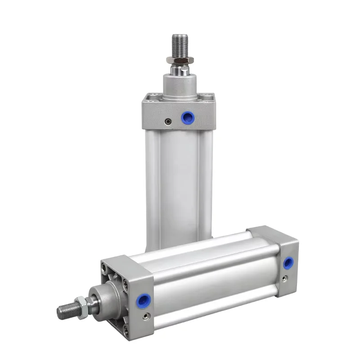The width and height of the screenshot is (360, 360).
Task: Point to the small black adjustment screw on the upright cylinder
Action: click(168, 121)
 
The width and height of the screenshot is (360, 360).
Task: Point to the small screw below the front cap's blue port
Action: click(144, 316)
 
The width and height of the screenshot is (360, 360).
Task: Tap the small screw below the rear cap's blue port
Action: click(284, 278)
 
